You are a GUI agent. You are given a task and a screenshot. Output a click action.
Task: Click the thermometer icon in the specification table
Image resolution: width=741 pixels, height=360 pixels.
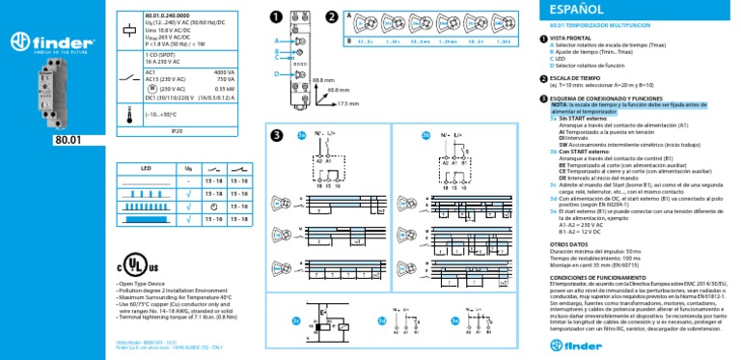coord(129,112)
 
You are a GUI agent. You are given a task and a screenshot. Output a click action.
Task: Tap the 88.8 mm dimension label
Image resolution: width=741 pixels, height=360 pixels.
coord(323,78)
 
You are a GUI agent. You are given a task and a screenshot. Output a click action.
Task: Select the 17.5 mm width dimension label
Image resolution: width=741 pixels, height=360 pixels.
coord(348,102)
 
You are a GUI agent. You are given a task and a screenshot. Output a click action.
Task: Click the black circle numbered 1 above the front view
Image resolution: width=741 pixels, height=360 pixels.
coord(277,17)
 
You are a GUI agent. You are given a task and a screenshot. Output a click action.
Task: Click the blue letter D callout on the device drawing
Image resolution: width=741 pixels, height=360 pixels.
coord(277,73)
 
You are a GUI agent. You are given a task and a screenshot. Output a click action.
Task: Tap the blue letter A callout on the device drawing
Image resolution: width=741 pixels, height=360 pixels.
coord(277,42)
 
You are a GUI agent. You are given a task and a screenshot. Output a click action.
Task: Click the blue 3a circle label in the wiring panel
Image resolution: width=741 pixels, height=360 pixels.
coord(301,136)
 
